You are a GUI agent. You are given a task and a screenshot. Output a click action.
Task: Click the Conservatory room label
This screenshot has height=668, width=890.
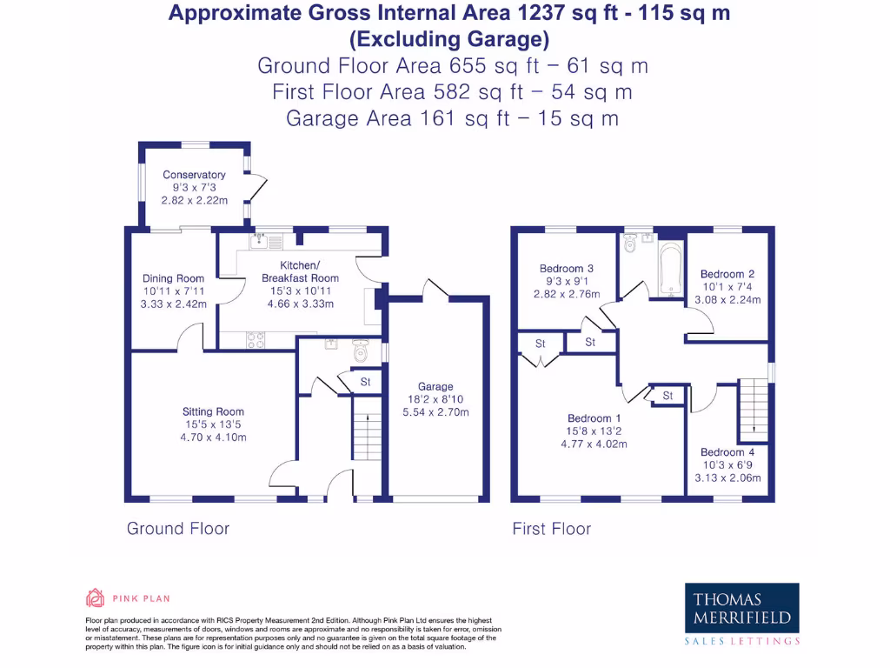point(194,175)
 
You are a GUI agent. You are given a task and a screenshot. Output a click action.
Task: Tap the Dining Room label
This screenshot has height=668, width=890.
point(174,279)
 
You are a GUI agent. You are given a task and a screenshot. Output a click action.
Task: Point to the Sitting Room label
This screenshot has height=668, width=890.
point(213,411)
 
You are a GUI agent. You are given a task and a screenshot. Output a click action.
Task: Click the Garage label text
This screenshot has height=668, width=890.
point(435,387)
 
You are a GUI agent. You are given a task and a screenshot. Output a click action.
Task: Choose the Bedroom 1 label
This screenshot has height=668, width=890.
point(594,418)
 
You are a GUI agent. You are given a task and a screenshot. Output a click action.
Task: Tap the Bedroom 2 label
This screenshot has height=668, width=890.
point(727,274)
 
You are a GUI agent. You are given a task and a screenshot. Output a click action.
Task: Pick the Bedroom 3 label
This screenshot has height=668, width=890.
point(567,269)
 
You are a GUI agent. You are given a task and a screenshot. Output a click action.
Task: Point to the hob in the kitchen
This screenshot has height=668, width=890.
point(256,341)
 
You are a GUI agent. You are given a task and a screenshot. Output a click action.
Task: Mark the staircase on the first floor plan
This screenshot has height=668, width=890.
point(753,411)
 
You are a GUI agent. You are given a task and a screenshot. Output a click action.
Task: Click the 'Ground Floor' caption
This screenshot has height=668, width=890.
point(178,529)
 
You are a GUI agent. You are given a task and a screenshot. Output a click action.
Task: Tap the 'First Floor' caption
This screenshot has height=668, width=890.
point(551,529)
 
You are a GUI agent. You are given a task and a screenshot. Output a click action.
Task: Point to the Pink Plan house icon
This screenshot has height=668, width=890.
point(95,598)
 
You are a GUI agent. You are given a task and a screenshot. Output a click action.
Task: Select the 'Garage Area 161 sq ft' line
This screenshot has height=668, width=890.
point(452,119)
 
